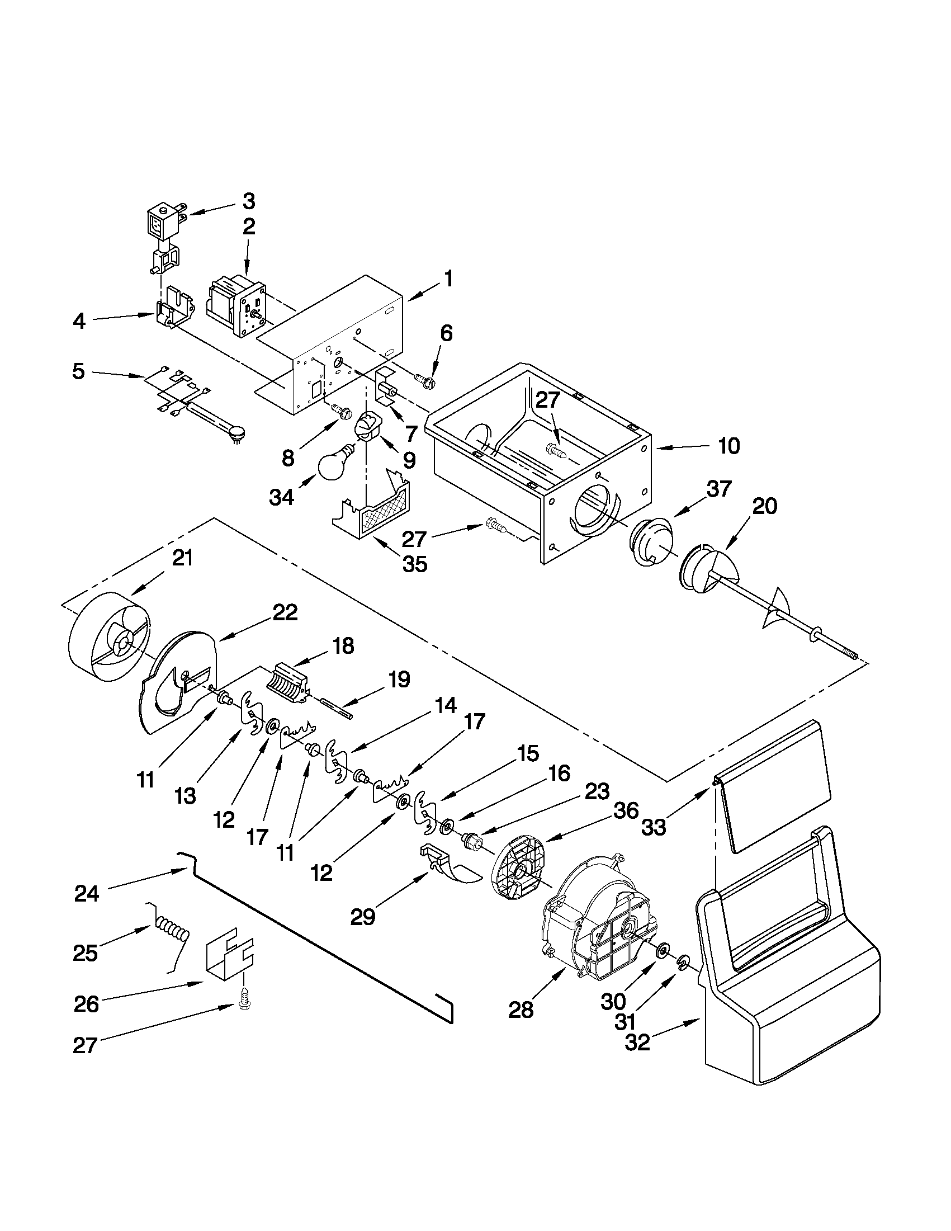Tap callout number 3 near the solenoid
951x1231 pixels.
pyautogui.click(x=248, y=201)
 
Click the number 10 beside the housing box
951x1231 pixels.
pyautogui.click(x=728, y=446)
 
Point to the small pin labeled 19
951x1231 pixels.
pyautogui.click(x=336, y=708)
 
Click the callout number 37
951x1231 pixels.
pyautogui.click(x=719, y=489)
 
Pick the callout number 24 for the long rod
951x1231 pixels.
pyautogui.click(x=87, y=894)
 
